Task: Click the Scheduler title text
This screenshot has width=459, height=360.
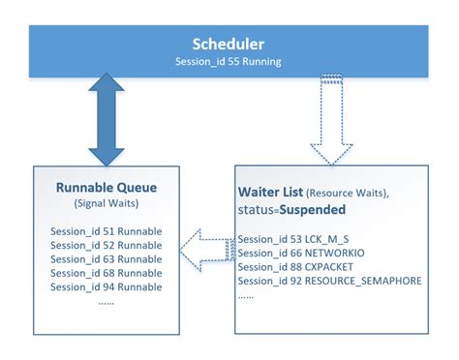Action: click(x=229, y=44)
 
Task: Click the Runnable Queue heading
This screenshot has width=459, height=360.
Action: click(x=107, y=187)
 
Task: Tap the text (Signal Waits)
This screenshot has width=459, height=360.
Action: click(x=107, y=204)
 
